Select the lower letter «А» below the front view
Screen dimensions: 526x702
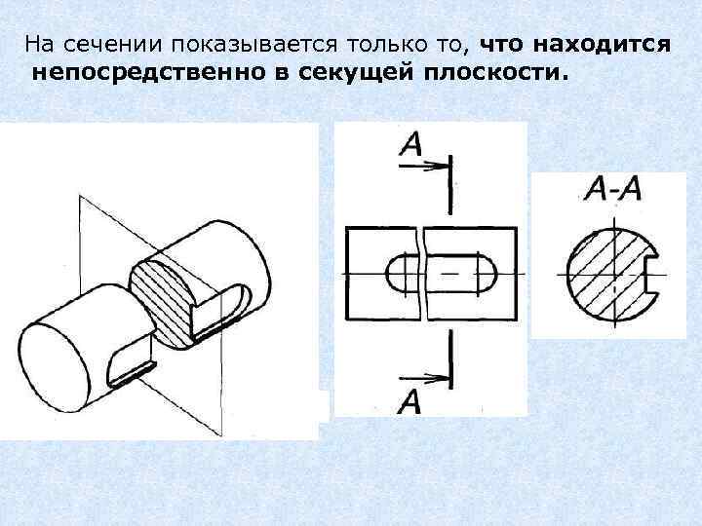(x=409, y=401)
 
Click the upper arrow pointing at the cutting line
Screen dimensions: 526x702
(x=421, y=167)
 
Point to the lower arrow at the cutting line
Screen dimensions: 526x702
(x=421, y=380)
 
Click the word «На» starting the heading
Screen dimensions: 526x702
(x=37, y=46)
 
